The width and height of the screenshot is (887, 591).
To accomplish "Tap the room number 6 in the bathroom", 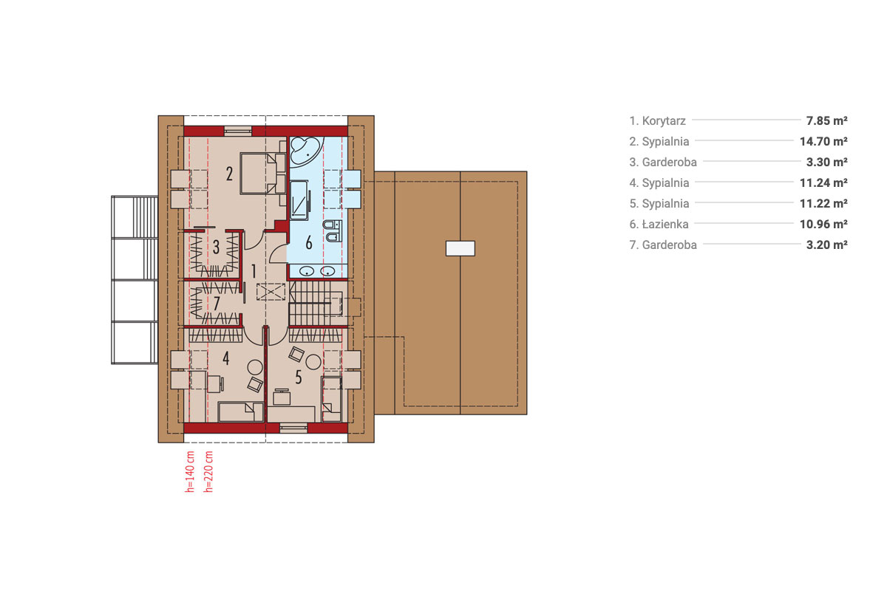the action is (309, 242).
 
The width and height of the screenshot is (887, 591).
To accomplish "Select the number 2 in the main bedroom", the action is (229, 174).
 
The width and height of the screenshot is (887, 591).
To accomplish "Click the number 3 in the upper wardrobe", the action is (216, 247).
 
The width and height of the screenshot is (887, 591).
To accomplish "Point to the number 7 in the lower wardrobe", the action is (216, 304).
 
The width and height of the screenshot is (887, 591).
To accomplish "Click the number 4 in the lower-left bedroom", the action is (225, 358).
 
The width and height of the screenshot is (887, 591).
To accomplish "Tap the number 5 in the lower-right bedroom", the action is (298, 378).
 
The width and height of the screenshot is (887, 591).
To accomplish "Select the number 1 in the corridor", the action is (254, 271).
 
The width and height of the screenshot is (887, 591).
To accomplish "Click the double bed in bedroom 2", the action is (262, 174).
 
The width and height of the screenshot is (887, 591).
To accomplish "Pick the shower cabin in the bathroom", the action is (300, 200).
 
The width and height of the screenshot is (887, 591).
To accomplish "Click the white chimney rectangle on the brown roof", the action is (460, 249).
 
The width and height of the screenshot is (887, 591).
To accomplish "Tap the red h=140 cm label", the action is (190, 471).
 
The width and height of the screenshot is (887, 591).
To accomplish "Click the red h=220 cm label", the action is (208, 471).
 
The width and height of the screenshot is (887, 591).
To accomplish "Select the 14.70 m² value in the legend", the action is (823, 141).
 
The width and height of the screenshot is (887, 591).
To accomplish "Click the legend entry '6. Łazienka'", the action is (659, 224).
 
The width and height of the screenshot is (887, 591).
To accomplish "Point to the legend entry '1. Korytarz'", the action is (658, 120).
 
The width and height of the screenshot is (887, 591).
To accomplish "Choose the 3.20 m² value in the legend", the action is (827, 245).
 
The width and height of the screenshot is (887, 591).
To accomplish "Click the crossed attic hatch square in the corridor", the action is (271, 292).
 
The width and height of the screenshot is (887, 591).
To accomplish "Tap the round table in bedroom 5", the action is (313, 362).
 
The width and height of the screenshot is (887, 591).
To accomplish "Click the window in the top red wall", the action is (238, 131).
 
